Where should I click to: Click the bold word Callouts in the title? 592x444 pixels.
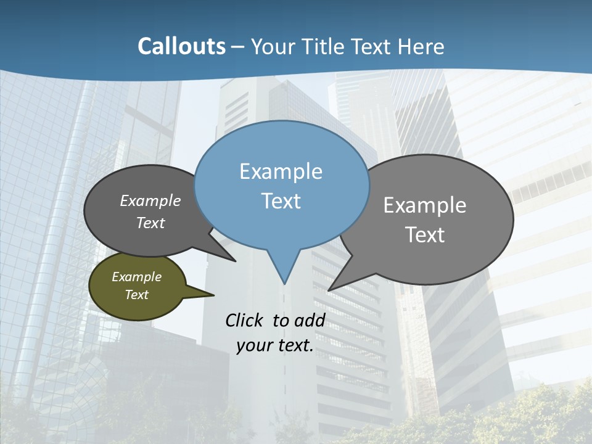(181, 46)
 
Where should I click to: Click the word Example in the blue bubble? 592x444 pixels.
(281, 171)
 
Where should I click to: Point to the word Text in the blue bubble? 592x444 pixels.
(281, 201)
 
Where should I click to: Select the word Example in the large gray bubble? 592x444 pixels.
(424, 205)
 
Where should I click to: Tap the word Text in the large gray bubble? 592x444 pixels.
(424, 235)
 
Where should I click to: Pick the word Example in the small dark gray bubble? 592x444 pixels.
(150, 200)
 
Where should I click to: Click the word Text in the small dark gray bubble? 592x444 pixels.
(150, 223)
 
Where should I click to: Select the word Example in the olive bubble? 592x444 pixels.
(136, 277)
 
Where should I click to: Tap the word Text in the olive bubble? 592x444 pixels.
(136, 295)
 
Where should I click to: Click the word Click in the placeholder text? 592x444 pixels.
(244, 320)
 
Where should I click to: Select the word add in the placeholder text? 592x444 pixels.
(310, 320)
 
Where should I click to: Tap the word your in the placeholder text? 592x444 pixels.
(253, 345)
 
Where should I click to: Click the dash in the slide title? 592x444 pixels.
(239, 47)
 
